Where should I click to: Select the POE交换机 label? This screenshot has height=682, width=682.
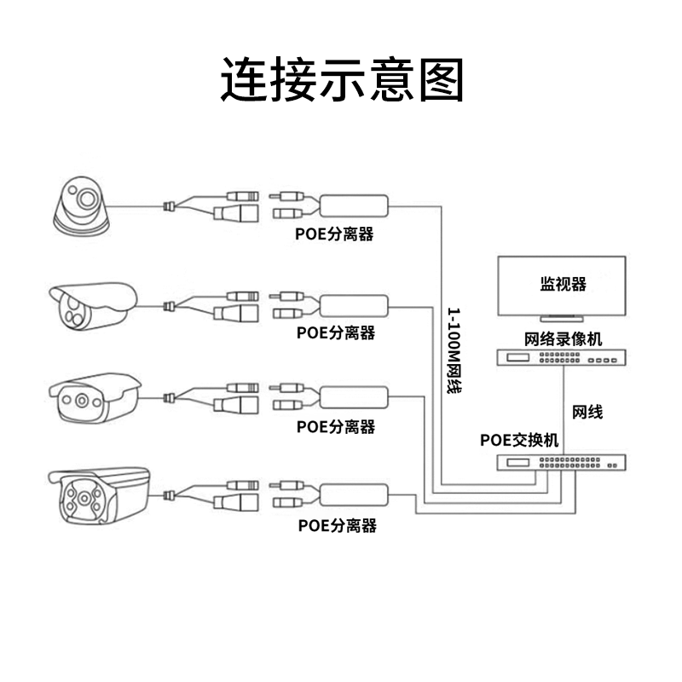(x=519, y=440)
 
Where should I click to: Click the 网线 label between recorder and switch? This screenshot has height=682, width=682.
(x=587, y=412)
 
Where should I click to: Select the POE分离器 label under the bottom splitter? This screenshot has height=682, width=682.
(x=337, y=525)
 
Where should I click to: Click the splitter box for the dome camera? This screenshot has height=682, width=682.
(x=354, y=205)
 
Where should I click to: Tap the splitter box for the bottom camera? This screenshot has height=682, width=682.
(x=355, y=494)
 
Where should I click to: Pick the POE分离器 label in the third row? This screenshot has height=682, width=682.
(x=336, y=426)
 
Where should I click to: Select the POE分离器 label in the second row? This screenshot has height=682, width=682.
(x=336, y=332)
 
